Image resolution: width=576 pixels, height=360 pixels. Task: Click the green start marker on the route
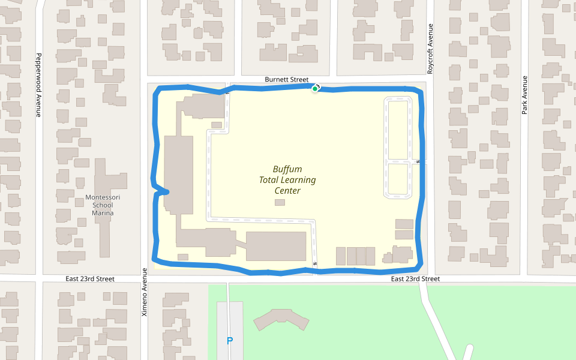click(x=314, y=89)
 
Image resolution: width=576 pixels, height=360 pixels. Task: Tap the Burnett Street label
click(x=287, y=79)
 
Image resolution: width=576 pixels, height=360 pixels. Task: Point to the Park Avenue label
click(x=524, y=95)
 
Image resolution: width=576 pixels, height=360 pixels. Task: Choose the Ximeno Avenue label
click(x=144, y=292)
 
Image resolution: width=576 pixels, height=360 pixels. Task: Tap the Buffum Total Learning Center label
click(x=287, y=180)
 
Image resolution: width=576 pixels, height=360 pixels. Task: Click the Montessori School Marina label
click(x=103, y=205)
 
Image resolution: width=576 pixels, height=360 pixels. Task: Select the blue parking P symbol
click(x=229, y=341)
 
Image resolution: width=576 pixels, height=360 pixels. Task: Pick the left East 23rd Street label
click(x=90, y=279)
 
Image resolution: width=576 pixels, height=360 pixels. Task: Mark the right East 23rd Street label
click(x=415, y=279)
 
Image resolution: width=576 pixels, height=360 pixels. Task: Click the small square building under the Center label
click(x=280, y=202)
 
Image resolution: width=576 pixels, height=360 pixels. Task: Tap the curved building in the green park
click(x=281, y=320)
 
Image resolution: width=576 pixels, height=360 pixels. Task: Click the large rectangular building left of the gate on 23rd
click(x=276, y=246)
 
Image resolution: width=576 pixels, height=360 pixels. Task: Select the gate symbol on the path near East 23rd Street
click(x=315, y=265)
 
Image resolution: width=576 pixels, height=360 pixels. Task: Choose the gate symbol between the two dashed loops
click(x=417, y=161)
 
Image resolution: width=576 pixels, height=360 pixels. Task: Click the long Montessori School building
click(x=103, y=180)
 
